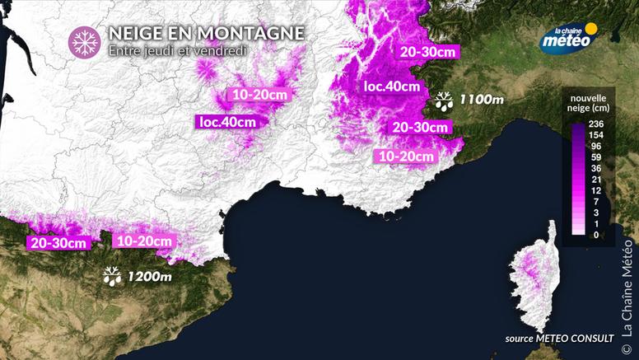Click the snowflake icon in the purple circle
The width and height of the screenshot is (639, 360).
click(84, 40)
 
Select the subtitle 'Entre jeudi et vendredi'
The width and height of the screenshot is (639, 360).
click(177, 50)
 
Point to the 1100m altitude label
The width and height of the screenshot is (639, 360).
click(482, 100)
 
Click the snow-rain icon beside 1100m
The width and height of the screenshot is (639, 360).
click(444, 101)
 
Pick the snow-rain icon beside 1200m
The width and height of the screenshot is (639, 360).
click(111, 276)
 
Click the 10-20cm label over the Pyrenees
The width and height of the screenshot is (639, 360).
click(144, 241)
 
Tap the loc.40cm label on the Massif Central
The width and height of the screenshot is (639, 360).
click(228, 122)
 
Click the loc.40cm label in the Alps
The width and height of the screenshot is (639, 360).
click(391, 86)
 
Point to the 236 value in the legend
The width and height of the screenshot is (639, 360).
click(597, 123)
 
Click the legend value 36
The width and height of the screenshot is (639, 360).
click(597, 168)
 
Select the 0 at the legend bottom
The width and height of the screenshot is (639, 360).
click(597, 235)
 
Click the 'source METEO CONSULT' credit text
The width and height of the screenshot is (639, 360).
click(555, 339)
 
